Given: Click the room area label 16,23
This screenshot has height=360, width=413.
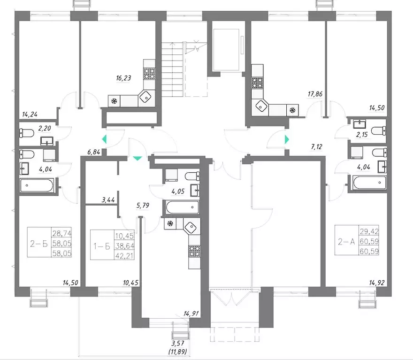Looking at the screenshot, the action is [123, 78].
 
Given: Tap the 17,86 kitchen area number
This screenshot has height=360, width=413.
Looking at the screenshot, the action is [315, 94].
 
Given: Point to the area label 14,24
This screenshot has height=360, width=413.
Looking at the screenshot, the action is [30, 115].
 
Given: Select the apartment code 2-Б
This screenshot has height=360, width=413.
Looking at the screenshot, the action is [39, 244].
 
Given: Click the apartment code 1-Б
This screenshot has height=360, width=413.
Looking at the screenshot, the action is [102, 246].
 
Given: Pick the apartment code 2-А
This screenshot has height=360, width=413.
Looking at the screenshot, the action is [346, 241].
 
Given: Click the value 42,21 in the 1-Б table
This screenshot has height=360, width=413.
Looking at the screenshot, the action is [124, 255].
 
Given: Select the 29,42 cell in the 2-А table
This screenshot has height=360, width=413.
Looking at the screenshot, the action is [369, 231].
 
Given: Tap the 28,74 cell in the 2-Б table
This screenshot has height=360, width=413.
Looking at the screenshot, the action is [62, 233].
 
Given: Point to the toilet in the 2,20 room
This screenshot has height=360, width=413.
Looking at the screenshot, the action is [27, 133].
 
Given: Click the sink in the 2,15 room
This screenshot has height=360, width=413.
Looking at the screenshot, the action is [359, 123].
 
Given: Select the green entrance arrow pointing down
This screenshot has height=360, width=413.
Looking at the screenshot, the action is [138, 158].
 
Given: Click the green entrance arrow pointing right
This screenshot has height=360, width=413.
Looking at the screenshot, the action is [287, 139].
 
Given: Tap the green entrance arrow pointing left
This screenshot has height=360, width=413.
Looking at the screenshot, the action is [104, 139].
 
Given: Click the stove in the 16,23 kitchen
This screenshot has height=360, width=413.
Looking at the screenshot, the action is [149, 74].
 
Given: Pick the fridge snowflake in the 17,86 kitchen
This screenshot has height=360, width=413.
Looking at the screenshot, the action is [292, 110].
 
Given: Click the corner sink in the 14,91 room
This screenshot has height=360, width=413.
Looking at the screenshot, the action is [190, 227].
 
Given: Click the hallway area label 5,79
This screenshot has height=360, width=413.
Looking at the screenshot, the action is [143, 206].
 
